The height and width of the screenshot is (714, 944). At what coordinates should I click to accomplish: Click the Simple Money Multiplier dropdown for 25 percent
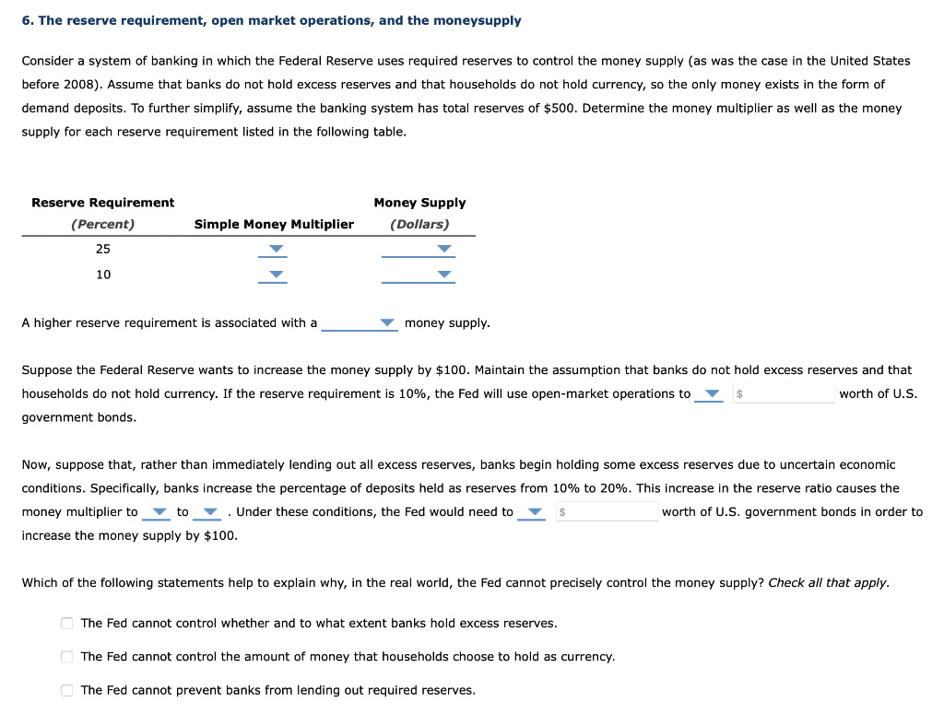(273, 250)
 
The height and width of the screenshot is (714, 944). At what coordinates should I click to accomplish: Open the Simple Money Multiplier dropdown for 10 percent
(273, 275)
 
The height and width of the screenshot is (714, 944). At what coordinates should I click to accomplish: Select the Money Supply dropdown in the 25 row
(419, 250)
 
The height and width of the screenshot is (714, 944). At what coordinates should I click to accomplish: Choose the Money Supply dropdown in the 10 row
(419, 275)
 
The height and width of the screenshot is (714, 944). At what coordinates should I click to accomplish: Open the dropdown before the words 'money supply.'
(360, 323)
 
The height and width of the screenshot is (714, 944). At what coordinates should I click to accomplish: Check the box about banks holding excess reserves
(67, 624)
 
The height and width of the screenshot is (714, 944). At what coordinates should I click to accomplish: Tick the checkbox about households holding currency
(67, 657)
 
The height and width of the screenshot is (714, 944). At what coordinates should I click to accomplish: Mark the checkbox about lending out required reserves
(67, 690)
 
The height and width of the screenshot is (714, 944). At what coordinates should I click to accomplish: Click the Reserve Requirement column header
(102, 203)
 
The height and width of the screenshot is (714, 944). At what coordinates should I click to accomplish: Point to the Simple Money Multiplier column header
(274, 225)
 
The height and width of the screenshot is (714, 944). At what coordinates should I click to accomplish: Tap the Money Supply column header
(419, 203)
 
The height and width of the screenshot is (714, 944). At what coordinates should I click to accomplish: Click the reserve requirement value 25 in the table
(103, 250)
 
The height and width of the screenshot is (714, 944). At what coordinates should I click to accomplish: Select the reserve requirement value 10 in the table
(103, 275)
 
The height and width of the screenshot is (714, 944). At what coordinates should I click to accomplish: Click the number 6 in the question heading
(26, 20)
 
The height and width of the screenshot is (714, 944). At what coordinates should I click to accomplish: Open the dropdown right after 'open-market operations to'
(709, 394)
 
